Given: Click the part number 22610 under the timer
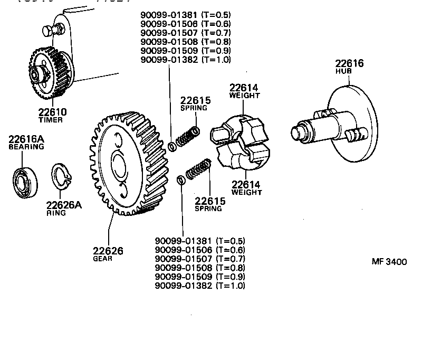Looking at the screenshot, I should (x=52, y=112).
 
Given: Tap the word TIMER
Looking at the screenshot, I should (x=51, y=120).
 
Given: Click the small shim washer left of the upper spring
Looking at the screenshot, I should (x=171, y=146).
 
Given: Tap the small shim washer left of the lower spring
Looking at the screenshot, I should (x=180, y=179).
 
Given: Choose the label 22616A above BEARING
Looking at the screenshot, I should (x=25, y=139).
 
